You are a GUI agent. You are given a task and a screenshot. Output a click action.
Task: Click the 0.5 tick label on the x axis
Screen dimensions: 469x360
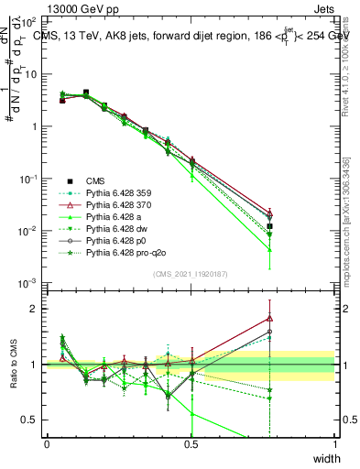click(x=191, y=444)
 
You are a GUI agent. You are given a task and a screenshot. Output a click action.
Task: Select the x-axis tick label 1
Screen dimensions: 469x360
click(x=334, y=444)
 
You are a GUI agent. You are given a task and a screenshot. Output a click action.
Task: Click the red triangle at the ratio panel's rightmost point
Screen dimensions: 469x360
click(x=269, y=319)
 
